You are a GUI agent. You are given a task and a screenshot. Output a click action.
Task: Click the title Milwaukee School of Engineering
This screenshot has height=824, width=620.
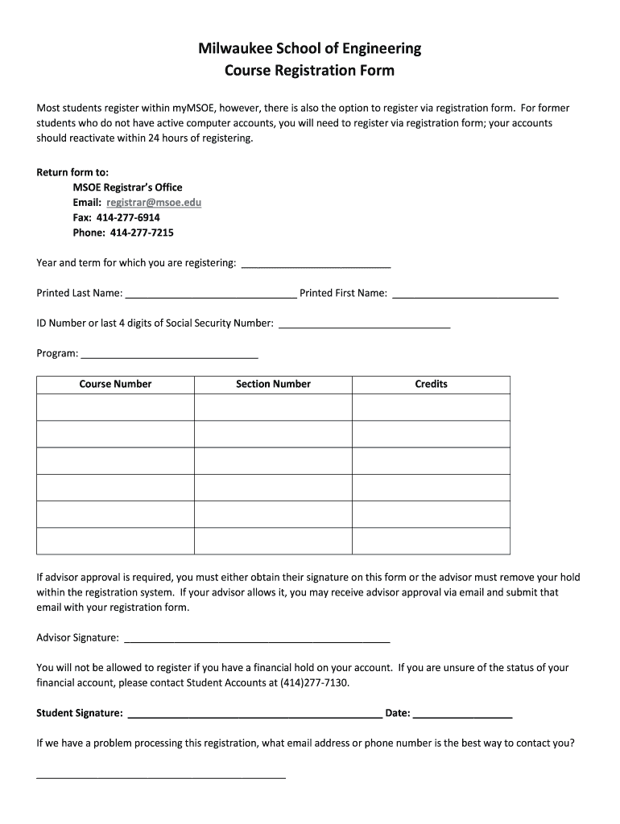pos(309,49)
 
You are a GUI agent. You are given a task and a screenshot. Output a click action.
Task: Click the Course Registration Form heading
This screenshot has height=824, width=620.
pos(309,71)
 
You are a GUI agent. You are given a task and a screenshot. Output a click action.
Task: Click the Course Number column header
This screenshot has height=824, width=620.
pos(115,385)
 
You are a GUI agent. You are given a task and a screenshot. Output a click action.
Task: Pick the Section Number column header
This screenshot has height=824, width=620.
pos(273,385)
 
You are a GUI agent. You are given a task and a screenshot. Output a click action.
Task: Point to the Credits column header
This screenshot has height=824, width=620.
pos(431,385)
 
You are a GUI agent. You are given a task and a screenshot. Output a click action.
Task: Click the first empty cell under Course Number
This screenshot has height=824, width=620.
pos(115,407)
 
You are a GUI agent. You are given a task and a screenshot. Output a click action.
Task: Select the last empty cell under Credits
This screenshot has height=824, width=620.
pos(431,541)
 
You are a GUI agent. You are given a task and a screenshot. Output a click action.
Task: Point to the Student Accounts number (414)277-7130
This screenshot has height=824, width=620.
pos(314,683)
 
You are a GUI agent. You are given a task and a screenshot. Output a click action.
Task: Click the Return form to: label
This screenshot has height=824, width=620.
pos(72,173)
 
